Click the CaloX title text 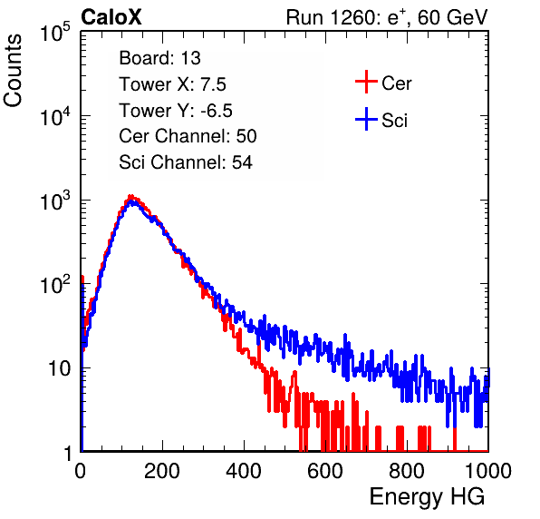point(111,17)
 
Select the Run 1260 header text point(387,17)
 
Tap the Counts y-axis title point(13,71)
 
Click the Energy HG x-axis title point(427,497)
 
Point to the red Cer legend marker point(366,82)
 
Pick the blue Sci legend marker point(366,120)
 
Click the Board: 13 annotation point(159,58)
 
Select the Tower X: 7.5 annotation point(172,84)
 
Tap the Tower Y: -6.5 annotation point(176,111)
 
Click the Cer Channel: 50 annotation point(188,136)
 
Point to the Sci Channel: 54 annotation point(186,162)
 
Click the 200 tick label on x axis point(162,471)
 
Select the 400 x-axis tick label point(244,471)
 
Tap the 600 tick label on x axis point(325,471)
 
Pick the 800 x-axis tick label point(407,471)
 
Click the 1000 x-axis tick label point(488,471)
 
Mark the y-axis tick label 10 point(60,368)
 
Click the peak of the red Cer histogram point(130,197)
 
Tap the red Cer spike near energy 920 point(455,439)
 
